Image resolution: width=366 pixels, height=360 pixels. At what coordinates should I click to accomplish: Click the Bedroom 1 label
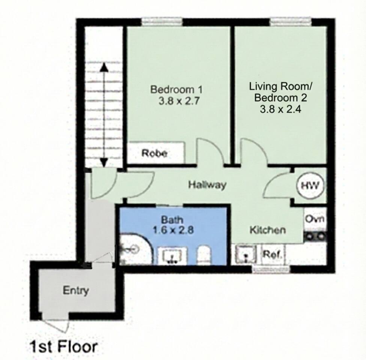(176, 90)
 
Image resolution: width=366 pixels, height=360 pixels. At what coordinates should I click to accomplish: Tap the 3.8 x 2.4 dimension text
(280, 109)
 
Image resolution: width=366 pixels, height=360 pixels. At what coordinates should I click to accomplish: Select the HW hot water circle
(310, 186)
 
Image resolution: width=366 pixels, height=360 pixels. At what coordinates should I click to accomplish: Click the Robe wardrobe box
(155, 153)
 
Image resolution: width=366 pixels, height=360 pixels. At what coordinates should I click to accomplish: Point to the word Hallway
(207, 184)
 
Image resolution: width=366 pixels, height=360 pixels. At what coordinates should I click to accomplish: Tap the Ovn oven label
(315, 219)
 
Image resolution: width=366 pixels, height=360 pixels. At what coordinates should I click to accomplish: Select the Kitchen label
(268, 230)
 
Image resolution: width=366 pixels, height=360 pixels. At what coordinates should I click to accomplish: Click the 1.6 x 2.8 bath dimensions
(173, 230)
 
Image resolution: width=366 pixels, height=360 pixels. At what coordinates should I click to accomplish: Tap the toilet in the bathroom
(204, 255)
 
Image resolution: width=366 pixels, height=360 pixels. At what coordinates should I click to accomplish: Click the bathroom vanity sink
(172, 256)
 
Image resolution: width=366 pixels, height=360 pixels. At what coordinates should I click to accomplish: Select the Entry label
(76, 291)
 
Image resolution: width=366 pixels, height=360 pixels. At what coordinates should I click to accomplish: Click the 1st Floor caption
(63, 346)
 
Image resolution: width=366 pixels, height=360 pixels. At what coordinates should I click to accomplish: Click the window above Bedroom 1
(162, 21)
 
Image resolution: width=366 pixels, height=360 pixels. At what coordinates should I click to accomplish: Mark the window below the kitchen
(271, 269)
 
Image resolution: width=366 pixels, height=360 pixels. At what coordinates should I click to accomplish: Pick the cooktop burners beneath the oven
(315, 236)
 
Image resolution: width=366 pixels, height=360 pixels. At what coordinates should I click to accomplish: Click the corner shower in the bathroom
(136, 249)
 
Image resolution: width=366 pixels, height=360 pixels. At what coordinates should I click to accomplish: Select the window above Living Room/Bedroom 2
(291, 21)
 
